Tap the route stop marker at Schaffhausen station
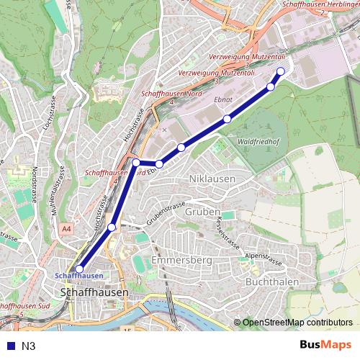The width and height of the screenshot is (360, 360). pyautogui.click(x=79, y=269)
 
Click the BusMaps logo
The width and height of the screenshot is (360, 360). pyautogui.click(x=325, y=346)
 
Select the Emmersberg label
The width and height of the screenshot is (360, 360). pyautogui.click(x=180, y=258)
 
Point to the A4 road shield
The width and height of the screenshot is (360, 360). pyautogui.click(x=67, y=228)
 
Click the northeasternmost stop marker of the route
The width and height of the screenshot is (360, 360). pyautogui.click(x=281, y=71)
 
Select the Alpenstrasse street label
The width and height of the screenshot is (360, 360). pyautogui.click(x=264, y=256)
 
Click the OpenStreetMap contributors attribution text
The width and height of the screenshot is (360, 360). pyautogui.click(x=297, y=323)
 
